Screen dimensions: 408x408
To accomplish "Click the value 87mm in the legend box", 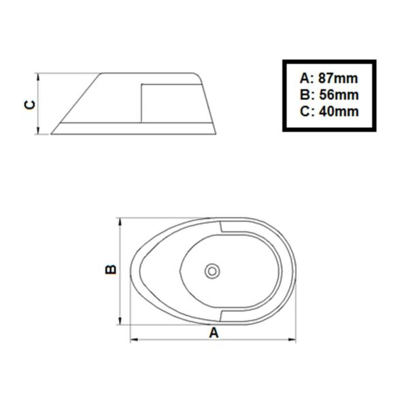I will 338,78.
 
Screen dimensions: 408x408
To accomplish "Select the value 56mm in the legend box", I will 338,95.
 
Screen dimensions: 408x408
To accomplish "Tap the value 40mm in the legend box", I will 338,112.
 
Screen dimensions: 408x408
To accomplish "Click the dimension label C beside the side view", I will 29,104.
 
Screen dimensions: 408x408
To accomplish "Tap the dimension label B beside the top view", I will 111,270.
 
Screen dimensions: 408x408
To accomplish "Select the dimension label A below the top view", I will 214,333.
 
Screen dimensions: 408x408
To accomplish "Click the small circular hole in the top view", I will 212,271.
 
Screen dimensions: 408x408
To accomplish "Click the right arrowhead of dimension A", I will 296,340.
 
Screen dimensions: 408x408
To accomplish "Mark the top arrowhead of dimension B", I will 121,220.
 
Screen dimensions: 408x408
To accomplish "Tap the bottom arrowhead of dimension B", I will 121,322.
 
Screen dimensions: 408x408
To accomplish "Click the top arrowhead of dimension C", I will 40,75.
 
